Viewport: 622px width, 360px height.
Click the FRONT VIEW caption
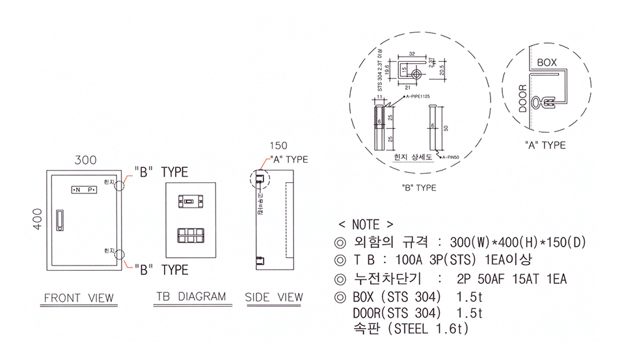[x=78, y=298]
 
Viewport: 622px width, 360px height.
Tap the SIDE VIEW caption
[x=273, y=297]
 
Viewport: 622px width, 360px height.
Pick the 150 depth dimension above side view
[x=277, y=146]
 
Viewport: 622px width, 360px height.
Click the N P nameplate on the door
[x=83, y=189]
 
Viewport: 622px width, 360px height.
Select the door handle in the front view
[x=61, y=219]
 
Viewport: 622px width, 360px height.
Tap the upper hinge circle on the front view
[x=118, y=185]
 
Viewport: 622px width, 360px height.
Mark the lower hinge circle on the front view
[x=118, y=256]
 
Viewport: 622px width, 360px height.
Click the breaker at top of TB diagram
[x=190, y=202]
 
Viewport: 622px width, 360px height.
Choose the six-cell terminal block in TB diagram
[x=190, y=235]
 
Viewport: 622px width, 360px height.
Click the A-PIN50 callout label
[x=450, y=157]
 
